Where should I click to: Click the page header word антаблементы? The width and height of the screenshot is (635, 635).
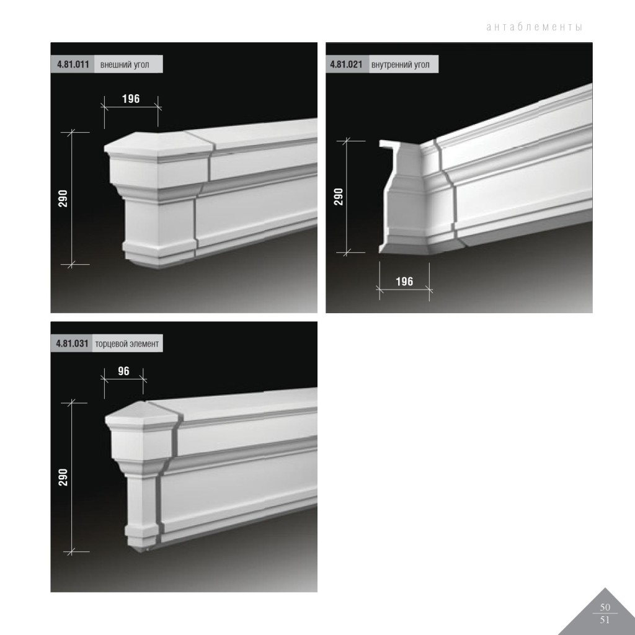pos(534,27)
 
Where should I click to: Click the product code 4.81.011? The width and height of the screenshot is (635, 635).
pos(73,64)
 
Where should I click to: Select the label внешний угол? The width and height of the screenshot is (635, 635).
pos(125,64)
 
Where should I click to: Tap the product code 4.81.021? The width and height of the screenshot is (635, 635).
pos(346,64)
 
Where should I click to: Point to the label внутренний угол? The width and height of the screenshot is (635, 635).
pos(400,64)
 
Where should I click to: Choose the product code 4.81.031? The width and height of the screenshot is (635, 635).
pos(72,344)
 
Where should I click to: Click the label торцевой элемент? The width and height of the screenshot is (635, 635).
pos(127,344)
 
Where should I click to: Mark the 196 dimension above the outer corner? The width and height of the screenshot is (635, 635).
pos(131,99)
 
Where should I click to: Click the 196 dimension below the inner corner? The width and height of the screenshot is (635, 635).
pos(404,282)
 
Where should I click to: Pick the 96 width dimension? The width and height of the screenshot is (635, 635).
pos(123,371)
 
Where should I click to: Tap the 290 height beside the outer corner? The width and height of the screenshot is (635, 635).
pos(63,198)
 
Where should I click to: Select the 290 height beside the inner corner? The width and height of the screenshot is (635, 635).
pos(339,197)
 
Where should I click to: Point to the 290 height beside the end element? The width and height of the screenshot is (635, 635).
pos(63,477)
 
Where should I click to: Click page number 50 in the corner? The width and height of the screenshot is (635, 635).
pos(605,607)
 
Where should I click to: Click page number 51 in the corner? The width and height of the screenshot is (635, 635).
pos(605,619)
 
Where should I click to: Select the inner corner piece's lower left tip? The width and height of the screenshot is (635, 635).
pos(380,252)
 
